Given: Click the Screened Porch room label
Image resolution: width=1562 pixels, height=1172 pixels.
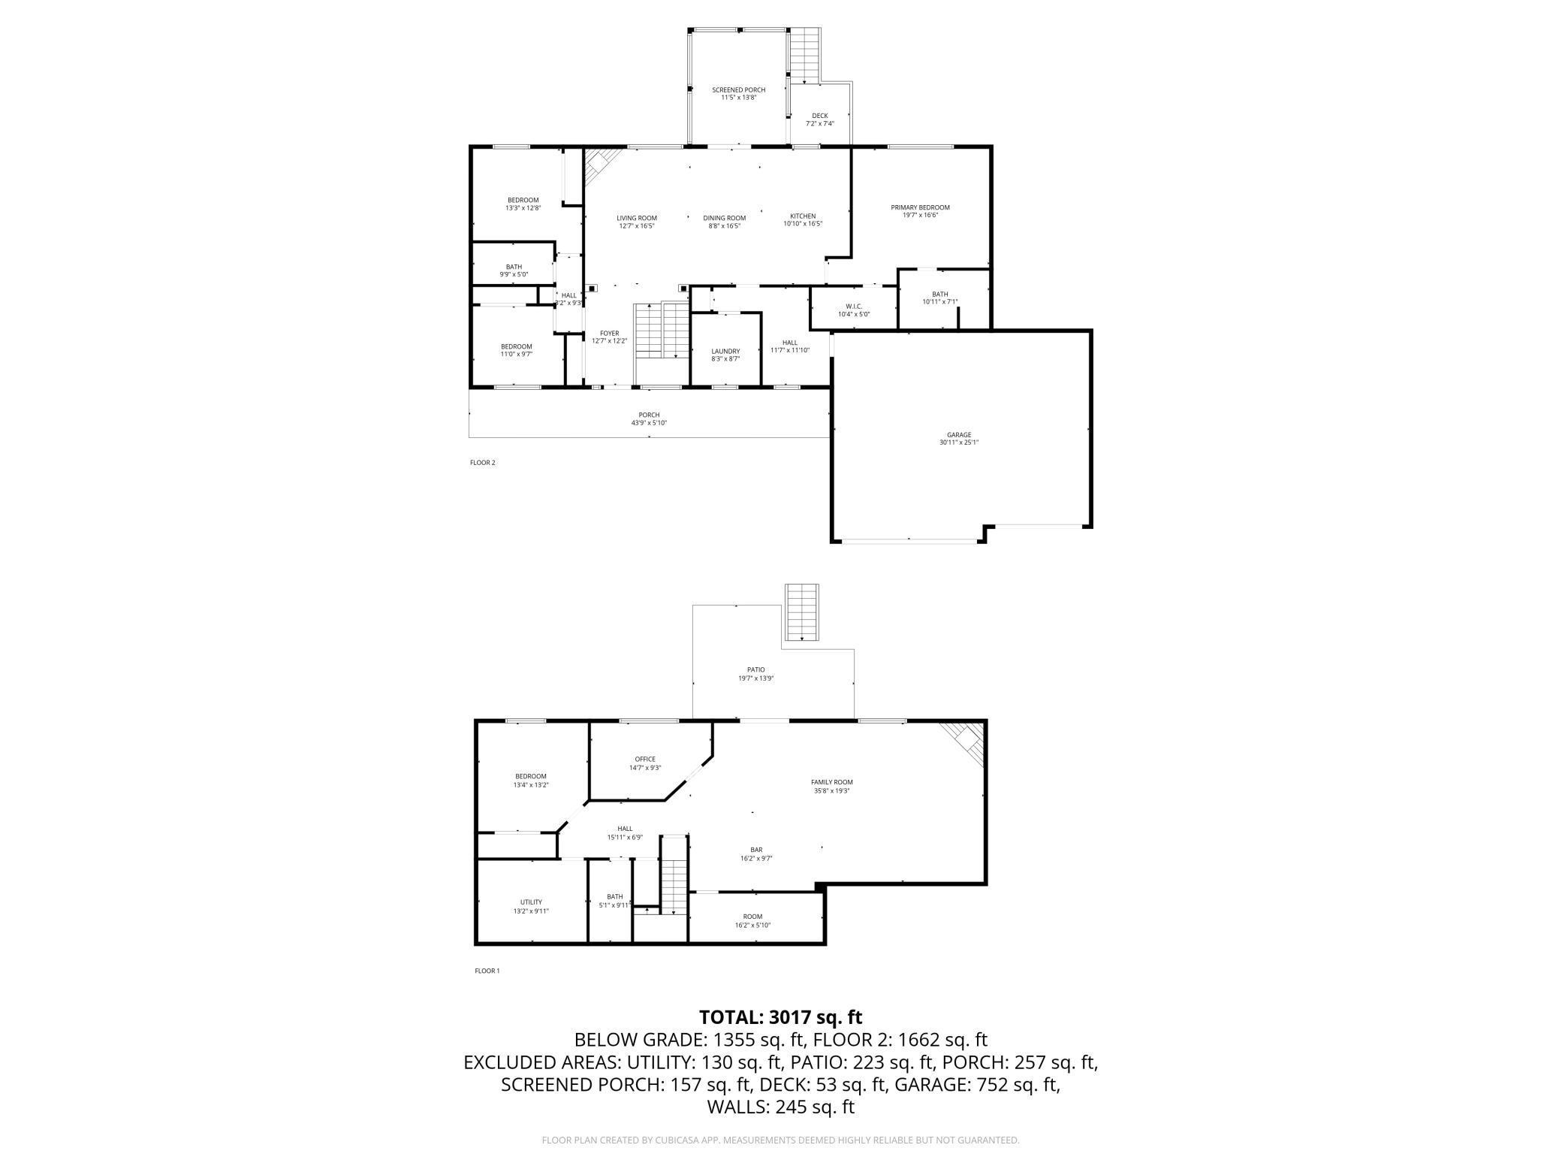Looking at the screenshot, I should [x=738, y=90].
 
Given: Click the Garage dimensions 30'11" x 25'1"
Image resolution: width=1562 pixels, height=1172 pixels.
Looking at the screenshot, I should [x=958, y=443].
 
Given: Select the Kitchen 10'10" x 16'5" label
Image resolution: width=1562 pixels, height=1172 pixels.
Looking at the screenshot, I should [x=803, y=220].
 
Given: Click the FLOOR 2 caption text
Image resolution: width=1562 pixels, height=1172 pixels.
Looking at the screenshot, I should [x=482, y=463].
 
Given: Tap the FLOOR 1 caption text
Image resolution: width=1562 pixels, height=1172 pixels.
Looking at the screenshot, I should [x=487, y=971].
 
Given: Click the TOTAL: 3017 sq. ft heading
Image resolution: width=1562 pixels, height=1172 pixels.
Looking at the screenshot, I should [x=780, y=1017].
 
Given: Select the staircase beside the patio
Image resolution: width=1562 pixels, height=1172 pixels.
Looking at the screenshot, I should [x=801, y=612].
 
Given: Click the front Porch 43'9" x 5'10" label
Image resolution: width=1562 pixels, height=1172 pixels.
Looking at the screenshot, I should [x=649, y=418].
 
